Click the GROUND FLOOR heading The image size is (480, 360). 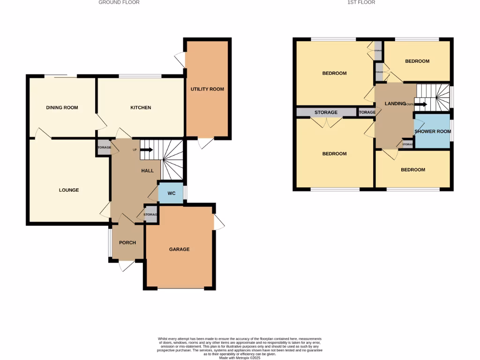click(x=119, y=2)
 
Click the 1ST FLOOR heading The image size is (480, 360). click(x=361, y=2)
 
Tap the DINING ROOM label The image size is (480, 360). click(x=62, y=108)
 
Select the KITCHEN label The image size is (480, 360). click(x=141, y=108)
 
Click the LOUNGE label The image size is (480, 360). click(x=69, y=190)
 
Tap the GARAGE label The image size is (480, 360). click(x=180, y=249)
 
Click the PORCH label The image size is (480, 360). click(x=127, y=243)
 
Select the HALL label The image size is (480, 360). click(x=148, y=171)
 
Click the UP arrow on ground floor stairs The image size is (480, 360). click(x=146, y=150)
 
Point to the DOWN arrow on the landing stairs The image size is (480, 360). click(x=420, y=104)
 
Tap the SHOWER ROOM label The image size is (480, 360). click(x=432, y=132)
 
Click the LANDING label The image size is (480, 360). click(x=395, y=104)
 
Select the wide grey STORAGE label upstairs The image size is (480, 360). click(x=326, y=112)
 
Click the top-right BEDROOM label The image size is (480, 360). click(x=417, y=61)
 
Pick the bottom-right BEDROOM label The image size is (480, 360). click(x=413, y=170)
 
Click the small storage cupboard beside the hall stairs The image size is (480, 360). click(x=104, y=148)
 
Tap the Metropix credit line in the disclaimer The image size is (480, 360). click(x=240, y=358)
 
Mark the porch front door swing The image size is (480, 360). click(x=126, y=266)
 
